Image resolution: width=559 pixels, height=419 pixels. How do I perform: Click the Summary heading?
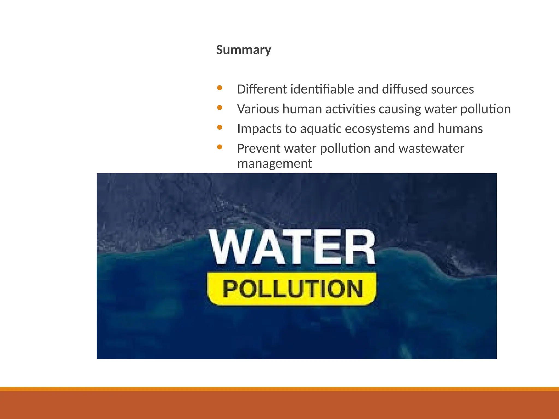coord(243,50)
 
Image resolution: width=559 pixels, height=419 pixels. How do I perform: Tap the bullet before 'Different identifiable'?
coord(220,88)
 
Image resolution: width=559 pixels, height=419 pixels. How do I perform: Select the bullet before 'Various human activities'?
coord(220,108)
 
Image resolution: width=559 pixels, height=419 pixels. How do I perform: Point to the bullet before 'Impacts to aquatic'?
coord(220,127)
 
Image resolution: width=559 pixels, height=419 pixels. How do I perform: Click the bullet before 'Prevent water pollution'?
coord(220,147)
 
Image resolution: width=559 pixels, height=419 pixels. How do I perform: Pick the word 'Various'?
coord(258,109)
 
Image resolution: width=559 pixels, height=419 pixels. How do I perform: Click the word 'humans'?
coord(460,129)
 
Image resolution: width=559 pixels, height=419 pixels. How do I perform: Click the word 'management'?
coord(274,164)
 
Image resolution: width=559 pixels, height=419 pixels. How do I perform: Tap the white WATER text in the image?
coord(292,247)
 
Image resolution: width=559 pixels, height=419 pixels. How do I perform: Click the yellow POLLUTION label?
coord(292,289)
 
